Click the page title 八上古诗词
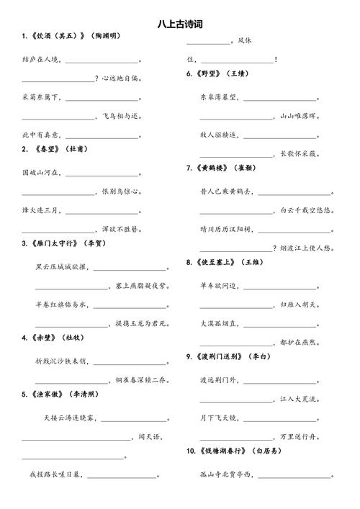pos(180,24)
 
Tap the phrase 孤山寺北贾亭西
pos(225,474)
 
